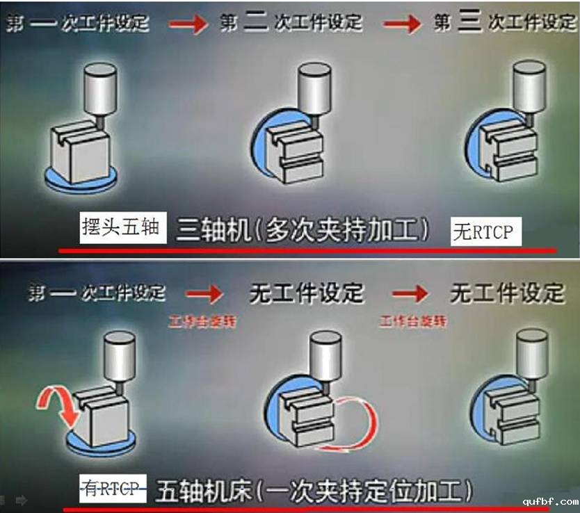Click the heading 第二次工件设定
(x=291, y=22)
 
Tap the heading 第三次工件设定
(x=506, y=22)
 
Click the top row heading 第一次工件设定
(x=78, y=22)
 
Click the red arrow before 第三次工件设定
(x=403, y=24)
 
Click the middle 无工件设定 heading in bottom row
(x=306, y=293)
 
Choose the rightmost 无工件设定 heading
(x=507, y=293)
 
